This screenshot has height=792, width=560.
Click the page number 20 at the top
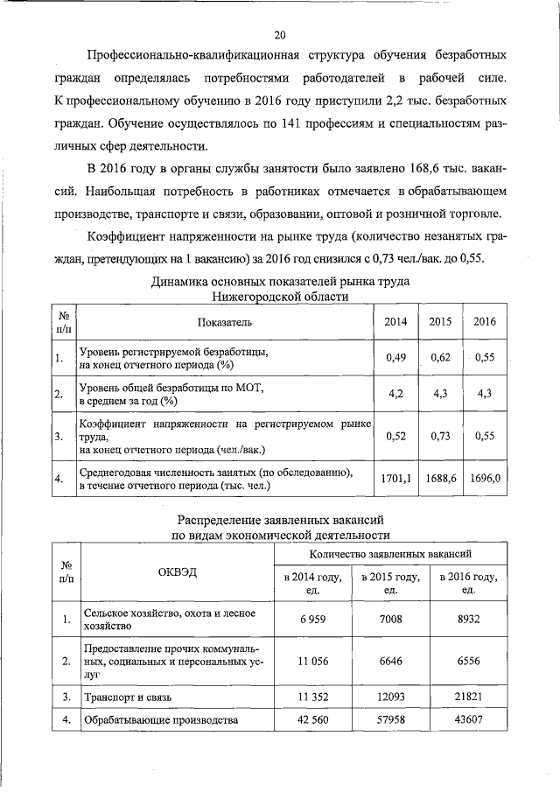click(280, 35)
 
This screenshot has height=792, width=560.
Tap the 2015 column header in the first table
click(440, 321)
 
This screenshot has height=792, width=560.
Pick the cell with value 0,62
click(440, 357)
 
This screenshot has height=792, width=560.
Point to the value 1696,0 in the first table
click(485, 478)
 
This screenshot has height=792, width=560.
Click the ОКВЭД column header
click(178, 571)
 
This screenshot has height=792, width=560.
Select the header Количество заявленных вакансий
click(390, 555)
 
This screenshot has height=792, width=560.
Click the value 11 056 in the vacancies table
click(313, 662)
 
